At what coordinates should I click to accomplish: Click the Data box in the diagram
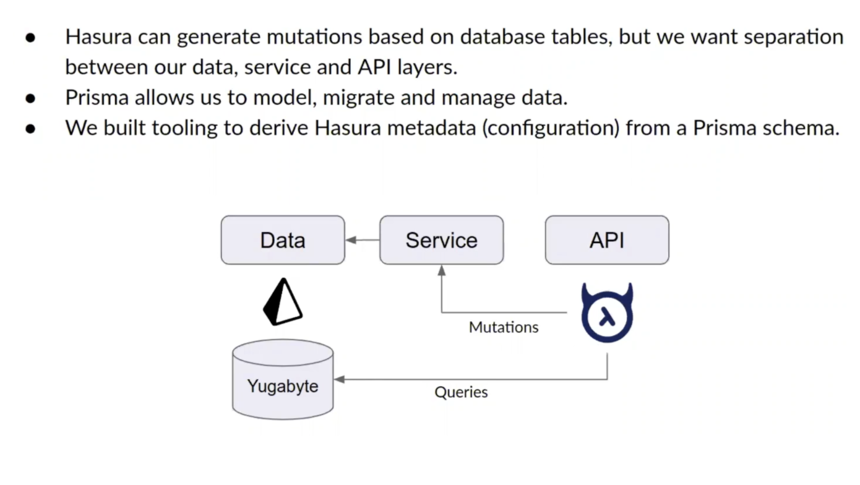click(283, 240)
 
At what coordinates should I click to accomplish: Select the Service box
click(441, 240)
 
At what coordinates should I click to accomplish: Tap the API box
click(606, 240)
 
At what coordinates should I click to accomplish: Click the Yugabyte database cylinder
click(283, 380)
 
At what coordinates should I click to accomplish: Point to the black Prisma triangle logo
click(282, 301)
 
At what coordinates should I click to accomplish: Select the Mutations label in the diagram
click(504, 327)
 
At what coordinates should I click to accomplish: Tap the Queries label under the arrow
click(461, 392)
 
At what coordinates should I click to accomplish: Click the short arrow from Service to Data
click(363, 240)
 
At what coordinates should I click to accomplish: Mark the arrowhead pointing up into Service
click(441, 270)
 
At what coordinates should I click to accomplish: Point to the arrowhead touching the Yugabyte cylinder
click(339, 379)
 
